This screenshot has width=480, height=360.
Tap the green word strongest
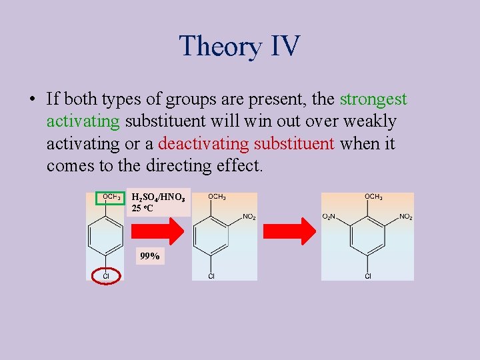point(373,99)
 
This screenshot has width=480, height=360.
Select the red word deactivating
point(201,143)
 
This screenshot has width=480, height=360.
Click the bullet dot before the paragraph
point(31,100)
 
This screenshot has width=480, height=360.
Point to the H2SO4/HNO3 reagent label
point(161,197)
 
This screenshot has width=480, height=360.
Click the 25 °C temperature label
point(143,209)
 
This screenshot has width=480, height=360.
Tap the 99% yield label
point(149,256)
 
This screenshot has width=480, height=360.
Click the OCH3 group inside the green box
point(111,197)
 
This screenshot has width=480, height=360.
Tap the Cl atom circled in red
point(105,275)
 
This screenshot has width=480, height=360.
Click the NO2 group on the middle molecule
point(249,217)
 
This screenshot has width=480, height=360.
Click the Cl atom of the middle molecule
point(211,275)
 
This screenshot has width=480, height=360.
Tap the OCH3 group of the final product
point(373,197)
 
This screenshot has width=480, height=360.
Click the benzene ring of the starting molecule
point(105,237)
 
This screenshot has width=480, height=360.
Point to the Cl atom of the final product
point(368,275)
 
